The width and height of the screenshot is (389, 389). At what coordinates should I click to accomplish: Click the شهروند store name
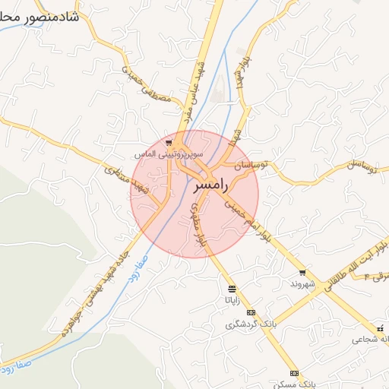coord(302,283)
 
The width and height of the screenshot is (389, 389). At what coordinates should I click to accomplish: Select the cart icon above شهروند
coord(302,272)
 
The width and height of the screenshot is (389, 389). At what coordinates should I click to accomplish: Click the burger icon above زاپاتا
coord(231,289)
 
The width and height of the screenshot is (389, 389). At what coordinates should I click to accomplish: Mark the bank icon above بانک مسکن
coord(294,374)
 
